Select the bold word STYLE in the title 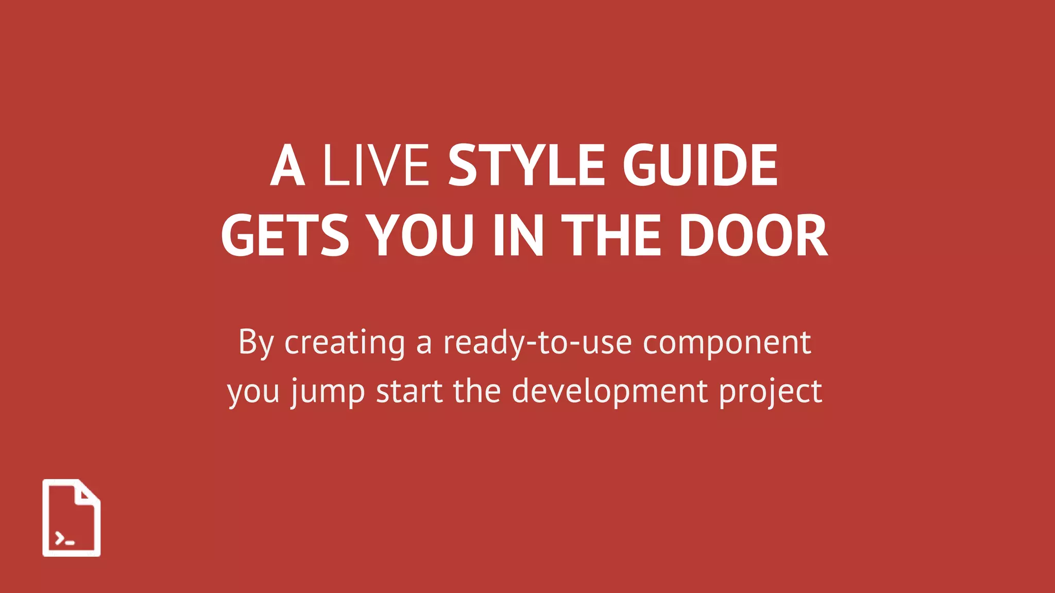[x=526, y=165]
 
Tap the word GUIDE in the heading [x=700, y=165]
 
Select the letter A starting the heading [x=287, y=165]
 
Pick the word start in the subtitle [x=409, y=391]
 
